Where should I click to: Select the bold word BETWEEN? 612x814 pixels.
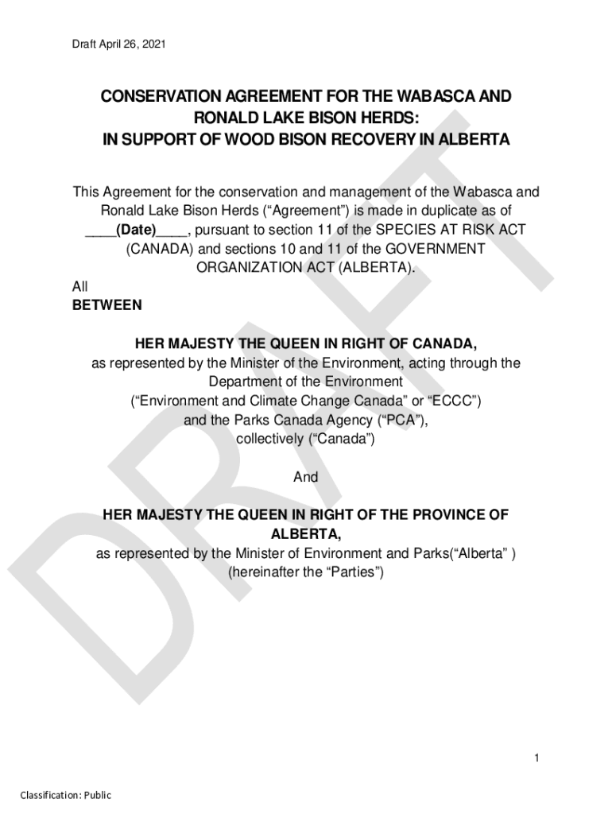[x=107, y=305]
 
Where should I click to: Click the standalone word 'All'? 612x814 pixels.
[x=80, y=287]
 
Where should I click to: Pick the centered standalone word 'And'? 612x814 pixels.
[x=306, y=477]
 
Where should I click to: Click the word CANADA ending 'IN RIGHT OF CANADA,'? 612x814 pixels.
[x=447, y=343]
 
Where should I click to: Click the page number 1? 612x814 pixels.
[x=537, y=758]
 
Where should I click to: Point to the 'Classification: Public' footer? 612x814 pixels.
[x=66, y=795]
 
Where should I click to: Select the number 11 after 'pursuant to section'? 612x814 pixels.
[x=337, y=231]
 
